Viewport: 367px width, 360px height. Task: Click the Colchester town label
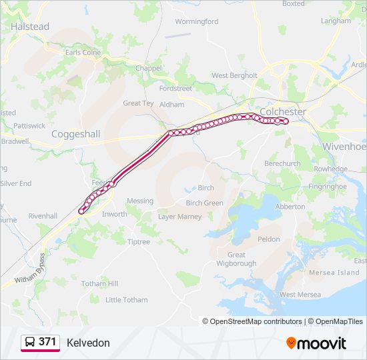pos(283,111)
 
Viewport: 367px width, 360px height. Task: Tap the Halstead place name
pos(30,27)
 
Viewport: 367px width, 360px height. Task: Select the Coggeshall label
pos(76,134)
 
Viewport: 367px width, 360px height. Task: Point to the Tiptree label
pos(139,242)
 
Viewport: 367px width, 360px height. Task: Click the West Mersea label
pos(300,295)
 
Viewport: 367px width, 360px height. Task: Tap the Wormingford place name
pos(196,21)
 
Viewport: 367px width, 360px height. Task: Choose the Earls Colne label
pos(83,53)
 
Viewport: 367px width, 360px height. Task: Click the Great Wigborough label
pos(236,259)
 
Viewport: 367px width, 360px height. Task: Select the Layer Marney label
pos(179,217)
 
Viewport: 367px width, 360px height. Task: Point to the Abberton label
pos(290,207)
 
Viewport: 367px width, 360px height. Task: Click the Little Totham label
pos(127,300)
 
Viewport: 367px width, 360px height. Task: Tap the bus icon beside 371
pos(29,343)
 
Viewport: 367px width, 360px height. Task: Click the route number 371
pos(47,342)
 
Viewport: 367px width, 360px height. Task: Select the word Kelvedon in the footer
pos(88,343)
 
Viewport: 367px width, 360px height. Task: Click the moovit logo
pos(316,343)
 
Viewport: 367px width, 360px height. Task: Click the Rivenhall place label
pos(43,216)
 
